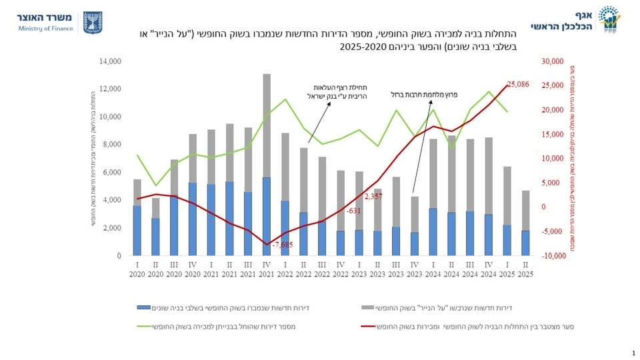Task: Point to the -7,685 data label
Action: (283, 245)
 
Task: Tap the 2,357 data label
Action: (374, 197)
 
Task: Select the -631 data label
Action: (353, 211)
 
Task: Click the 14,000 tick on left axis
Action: (110, 61)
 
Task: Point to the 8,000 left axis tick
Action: (112, 145)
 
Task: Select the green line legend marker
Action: (144, 327)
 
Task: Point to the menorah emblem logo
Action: (93, 22)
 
